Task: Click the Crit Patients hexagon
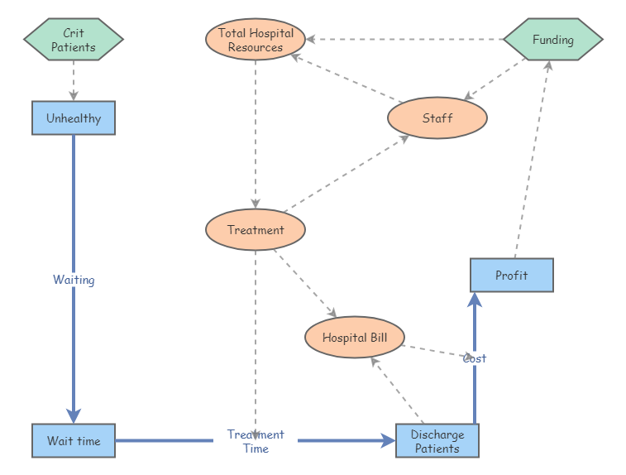[74, 40]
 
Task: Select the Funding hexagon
[552, 40]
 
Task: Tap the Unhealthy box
[74, 118]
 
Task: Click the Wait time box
[74, 440]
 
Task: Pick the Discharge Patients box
[437, 440]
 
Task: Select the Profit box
[511, 275]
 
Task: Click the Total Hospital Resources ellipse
[256, 40]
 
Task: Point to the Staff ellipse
[437, 118]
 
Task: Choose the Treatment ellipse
[256, 230]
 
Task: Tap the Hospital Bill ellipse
[354, 338]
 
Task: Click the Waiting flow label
[74, 280]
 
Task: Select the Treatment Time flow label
[256, 441]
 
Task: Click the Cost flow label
[474, 358]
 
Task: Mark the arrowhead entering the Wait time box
[74, 415]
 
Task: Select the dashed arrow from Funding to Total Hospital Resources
[405, 39]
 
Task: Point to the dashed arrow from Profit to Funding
[532, 157]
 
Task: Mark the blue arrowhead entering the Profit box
[474, 300]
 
